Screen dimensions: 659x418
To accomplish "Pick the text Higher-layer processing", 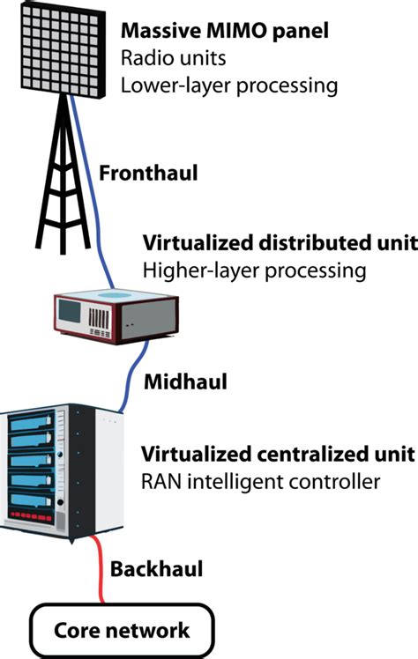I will [253, 270].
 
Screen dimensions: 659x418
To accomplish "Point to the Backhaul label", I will [156, 569].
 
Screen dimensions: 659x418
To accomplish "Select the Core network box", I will [122, 630].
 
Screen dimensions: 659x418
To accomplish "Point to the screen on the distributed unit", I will [68, 311].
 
